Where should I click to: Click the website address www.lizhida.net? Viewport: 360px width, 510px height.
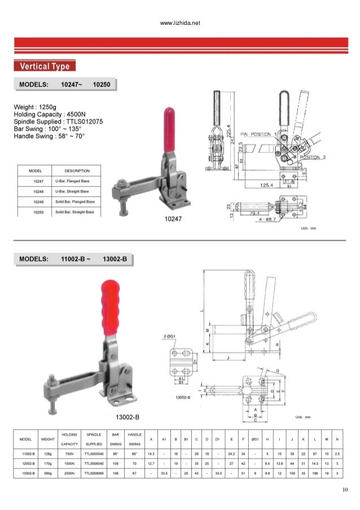(181, 23)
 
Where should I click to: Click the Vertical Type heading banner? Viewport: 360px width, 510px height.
(45, 67)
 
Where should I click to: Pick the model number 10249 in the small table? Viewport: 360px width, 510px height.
(38, 202)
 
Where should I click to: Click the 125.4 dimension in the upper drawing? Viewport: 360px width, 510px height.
(267, 185)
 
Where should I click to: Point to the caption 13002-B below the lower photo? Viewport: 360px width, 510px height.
(128, 417)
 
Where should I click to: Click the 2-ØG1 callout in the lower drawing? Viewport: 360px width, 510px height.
(170, 337)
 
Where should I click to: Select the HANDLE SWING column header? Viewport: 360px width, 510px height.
(134, 439)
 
